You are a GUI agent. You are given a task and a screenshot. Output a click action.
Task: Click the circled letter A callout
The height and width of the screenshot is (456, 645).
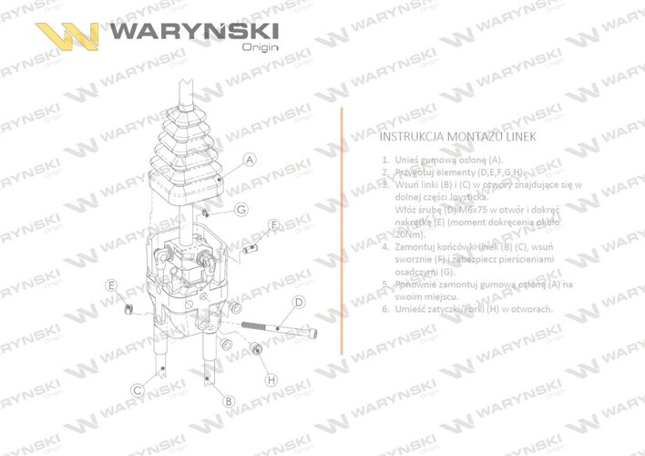pyautogui.click(x=250, y=159)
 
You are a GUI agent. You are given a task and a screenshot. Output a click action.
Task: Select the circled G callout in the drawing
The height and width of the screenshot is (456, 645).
pyautogui.click(x=241, y=211)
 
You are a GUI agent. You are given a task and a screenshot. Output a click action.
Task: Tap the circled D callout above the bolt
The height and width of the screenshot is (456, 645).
pyautogui.click(x=298, y=302)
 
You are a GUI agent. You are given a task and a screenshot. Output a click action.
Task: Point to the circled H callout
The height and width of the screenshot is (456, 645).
pyautogui.click(x=271, y=378)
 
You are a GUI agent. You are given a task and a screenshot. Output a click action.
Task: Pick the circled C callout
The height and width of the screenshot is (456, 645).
pyautogui.click(x=137, y=389)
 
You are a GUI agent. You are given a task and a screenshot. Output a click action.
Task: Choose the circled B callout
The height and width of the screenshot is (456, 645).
pyautogui.click(x=229, y=400)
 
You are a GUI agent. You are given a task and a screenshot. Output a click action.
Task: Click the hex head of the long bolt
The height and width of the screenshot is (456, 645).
pyautogui.click(x=314, y=337)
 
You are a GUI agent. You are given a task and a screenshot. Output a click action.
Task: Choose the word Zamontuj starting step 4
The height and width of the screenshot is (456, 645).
pyautogui.click(x=421, y=246)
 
